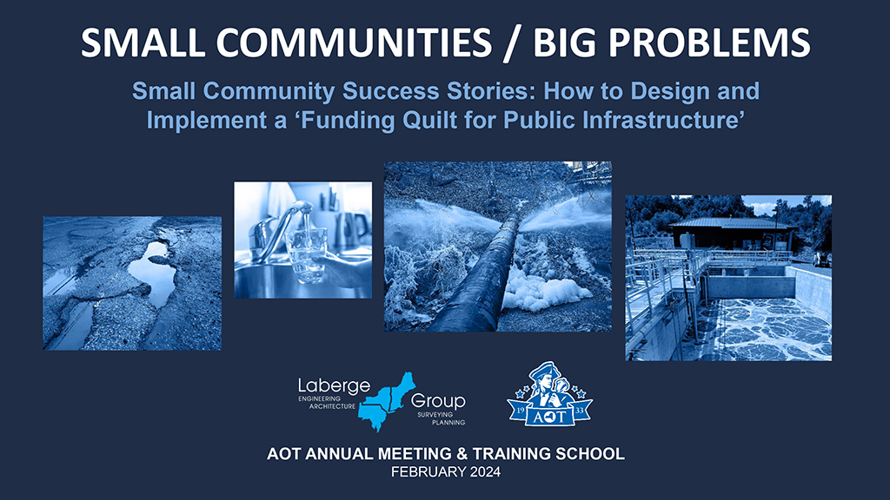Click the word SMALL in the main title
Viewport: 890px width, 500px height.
[x=143, y=43]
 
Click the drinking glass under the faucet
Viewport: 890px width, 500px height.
[x=306, y=255]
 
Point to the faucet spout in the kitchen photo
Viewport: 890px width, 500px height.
[x=284, y=224]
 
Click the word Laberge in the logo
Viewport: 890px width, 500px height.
[x=334, y=386]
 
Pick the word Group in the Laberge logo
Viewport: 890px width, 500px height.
[x=438, y=401]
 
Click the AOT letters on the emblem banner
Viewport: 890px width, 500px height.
[x=549, y=417]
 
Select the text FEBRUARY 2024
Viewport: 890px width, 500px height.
[x=446, y=472]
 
